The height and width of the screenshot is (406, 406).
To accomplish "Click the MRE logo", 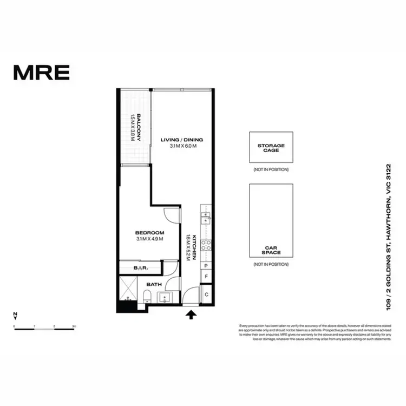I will coord(41,72).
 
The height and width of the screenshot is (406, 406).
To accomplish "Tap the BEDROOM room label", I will coord(149,233).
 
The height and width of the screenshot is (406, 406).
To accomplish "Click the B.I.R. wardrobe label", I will coord(140,268).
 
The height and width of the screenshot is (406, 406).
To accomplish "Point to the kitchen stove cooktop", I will coord(206,247).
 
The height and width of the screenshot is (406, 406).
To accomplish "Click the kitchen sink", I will coord(206,218).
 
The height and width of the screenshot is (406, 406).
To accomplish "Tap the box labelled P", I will coord(206,266).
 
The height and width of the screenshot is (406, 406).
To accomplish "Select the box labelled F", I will coord(206,277).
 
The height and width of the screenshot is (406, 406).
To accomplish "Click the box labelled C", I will coord(206,294).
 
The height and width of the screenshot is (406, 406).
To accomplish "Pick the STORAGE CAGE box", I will coord(271,147).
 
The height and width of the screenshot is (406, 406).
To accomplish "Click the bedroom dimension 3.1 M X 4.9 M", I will coord(149,239).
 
